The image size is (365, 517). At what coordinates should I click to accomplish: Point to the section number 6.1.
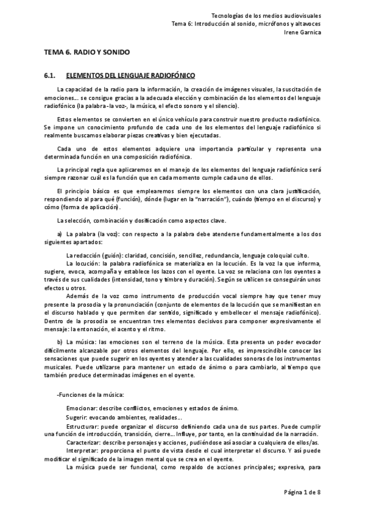pos(50,76)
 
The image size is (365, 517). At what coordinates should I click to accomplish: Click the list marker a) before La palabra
pos(60,234)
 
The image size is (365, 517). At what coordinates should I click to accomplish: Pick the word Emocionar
pos(82,408)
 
